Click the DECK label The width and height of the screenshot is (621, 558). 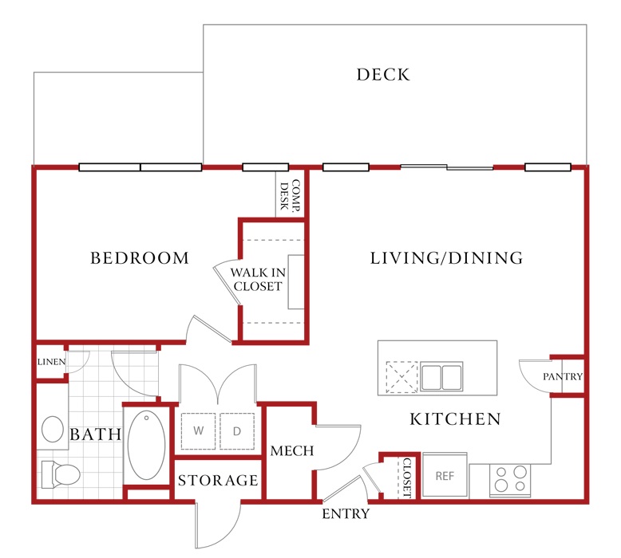tap(383, 75)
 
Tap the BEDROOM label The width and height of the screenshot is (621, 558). tap(140, 258)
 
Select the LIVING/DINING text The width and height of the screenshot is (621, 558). tap(446, 257)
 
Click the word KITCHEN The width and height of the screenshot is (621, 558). tap(456, 419)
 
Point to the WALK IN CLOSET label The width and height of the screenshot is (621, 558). tap(258, 279)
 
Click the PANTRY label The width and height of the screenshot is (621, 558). tap(563, 376)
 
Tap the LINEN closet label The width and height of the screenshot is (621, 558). tap(52, 362)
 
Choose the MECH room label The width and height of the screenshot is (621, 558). tap(292, 451)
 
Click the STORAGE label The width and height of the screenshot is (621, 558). tap(218, 481)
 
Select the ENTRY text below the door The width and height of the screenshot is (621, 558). tap(346, 513)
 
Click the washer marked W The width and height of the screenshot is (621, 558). tap(199, 431)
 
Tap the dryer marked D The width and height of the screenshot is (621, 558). tap(237, 431)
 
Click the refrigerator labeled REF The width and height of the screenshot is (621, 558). tap(445, 475)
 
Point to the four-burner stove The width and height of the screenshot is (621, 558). tap(510, 480)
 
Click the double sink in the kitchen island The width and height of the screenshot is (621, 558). tap(441, 376)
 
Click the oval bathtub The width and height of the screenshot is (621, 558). tap(146, 446)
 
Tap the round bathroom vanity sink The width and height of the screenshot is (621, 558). tap(53, 429)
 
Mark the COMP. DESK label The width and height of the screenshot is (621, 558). tap(290, 195)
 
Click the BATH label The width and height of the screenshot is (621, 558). tap(96, 434)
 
